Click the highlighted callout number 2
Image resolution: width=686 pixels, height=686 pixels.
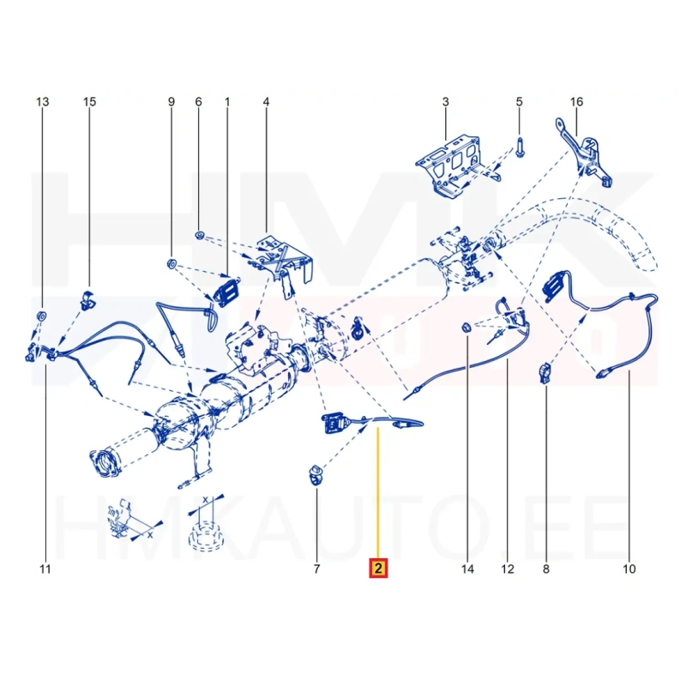pyautogui.click(x=378, y=569)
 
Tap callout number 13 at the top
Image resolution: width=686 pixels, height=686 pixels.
pyautogui.click(x=42, y=102)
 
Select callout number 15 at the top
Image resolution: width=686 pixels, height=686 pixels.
pyautogui.click(x=89, y=102)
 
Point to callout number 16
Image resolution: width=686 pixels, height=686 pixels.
pyautogui.click(x=576, y=102)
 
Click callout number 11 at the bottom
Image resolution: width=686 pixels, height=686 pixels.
pyautogui.click(x=45, y=569)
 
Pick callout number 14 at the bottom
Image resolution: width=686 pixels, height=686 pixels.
pyautogui.click(x=467, y=569)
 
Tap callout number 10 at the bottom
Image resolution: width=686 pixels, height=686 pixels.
pyautogui.click(x=629, y=569)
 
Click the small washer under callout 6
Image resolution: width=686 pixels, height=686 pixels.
pyautogui.click(x=200, y=235)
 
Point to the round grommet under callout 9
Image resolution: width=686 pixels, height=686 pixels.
pyautogui.click(x=171, y=263)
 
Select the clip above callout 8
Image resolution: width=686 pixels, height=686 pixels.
pyautogui.click(x=545, y=373)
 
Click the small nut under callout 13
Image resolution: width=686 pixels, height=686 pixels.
pyautogui.click(x=42, y=316)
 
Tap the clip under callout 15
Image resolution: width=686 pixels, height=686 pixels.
pyautogui.click(x=88, y=298)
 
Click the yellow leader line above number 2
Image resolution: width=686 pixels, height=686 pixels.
pyautogui.click(x=378, y=494)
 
